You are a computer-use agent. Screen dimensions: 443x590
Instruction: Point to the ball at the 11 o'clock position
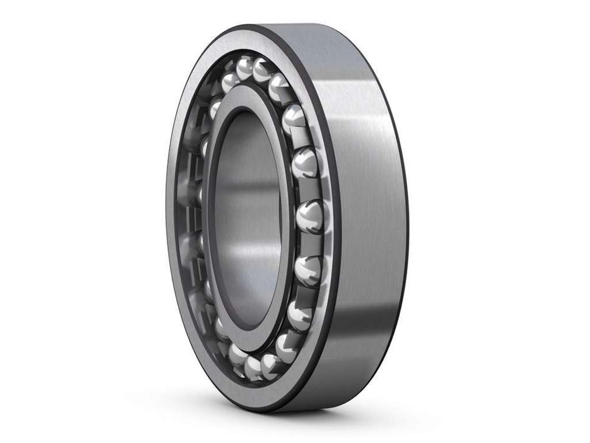coord(230,84)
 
